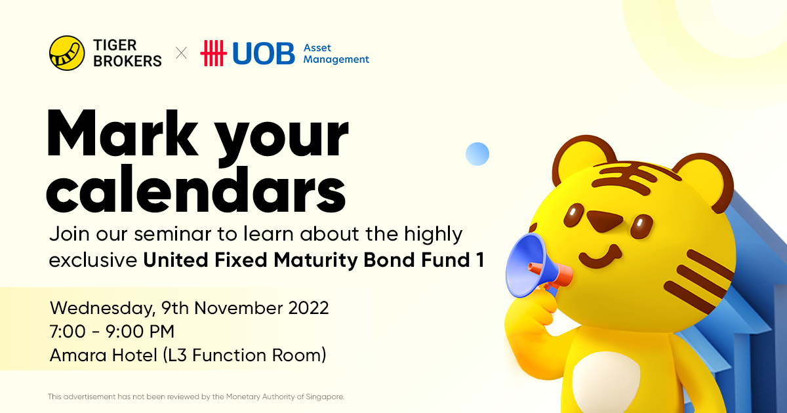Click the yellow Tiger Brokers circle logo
click(x=67, y=53)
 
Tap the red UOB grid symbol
click(x=213, y=53)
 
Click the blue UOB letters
click(x=264, y=53)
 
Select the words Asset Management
click(x=336, y=53)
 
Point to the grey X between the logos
click(x=181, y=53)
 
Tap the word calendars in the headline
click(x=196, y=189)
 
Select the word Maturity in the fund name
click(x=315, y=261)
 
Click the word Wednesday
click(x=102, y=308)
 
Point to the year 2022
click(x=308, y=308)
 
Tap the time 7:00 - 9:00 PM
click(x=112, y=332)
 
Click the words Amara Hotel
click(x=104, y=355)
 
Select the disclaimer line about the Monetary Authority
click(x=196, y=397)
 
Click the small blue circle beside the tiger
click(x=477, y=154)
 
